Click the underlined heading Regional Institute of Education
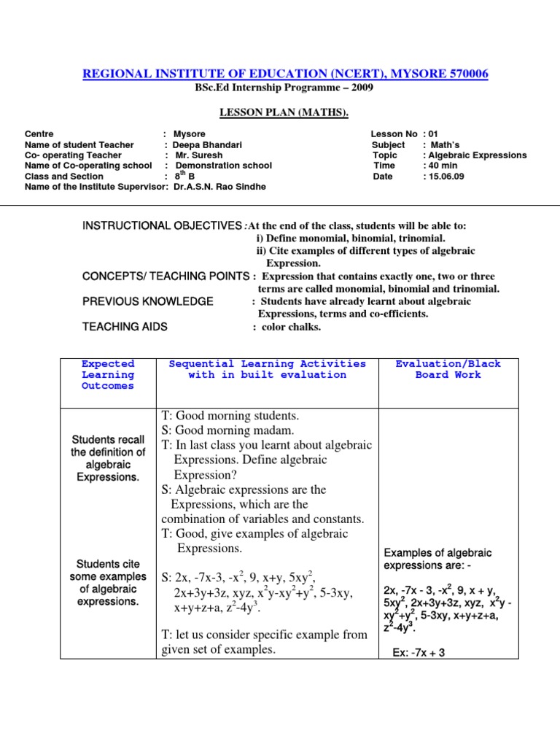click(x=285, y=74)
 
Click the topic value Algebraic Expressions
click(x=477, y=155)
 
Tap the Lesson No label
click(x=394, y=134)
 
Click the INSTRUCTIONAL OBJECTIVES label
click(x=162, y=227)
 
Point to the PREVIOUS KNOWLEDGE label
click(x=148, y=301)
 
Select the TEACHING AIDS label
click(x=125, y=327)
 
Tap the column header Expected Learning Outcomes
click(x=108, y=375)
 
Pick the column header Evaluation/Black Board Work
click(x=448, y=369)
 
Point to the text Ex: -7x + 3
click(x=419, y=653)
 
